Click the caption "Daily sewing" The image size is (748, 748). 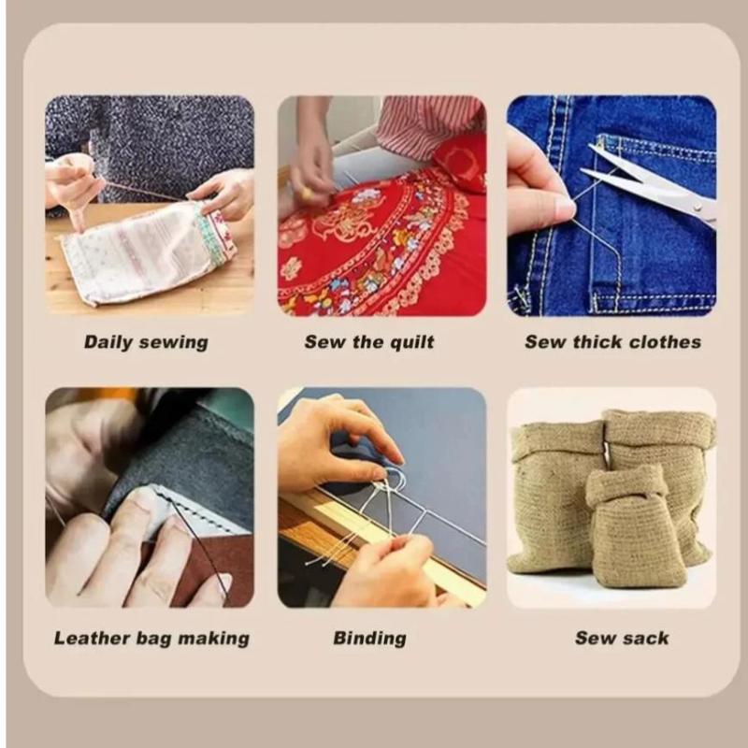[146, 342]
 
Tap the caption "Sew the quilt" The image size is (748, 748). [369, 342]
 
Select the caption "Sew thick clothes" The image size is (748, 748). [613, 342]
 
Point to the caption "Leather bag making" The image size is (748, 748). [151, 639]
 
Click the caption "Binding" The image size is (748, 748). [369, 639]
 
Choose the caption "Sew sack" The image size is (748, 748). [622, 638]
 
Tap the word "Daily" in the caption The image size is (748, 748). [104, 342]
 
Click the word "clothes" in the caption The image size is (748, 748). [666, 342]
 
